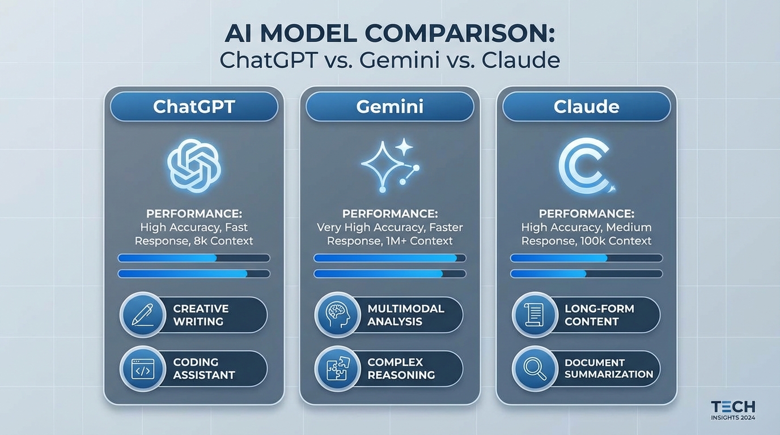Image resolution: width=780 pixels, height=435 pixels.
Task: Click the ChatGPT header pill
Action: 194,107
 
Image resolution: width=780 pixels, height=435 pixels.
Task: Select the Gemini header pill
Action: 390,107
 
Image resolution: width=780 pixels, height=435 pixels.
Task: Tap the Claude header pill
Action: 586,107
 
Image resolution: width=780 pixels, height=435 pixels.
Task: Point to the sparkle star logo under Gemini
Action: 390,164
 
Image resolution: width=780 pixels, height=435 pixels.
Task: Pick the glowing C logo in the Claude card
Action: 585,165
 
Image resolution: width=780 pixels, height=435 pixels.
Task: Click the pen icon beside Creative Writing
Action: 142,315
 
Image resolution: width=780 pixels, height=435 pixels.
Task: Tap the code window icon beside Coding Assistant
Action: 142,368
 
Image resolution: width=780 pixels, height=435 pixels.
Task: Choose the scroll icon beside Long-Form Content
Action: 535,315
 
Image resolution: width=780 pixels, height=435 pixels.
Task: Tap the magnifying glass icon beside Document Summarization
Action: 535,368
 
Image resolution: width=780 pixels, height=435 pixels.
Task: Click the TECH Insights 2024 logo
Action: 732,410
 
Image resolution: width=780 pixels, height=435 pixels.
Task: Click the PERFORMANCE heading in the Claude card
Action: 586,214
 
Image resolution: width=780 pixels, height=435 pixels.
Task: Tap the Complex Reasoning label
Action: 401,368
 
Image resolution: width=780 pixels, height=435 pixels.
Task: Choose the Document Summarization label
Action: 609,368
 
